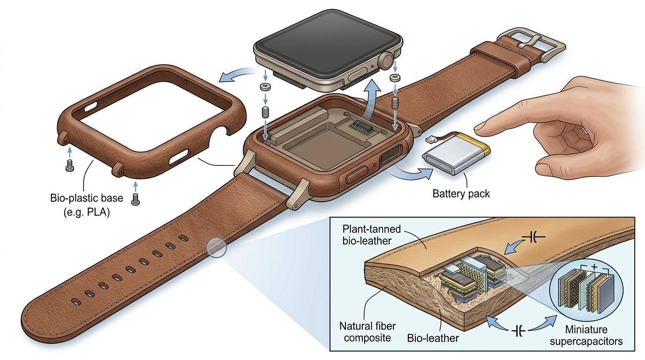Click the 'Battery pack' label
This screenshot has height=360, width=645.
click(x=461, y=193)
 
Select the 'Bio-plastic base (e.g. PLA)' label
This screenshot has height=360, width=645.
click(x=87, y=204)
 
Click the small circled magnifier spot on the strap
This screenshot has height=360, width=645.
click(x=216, y=247)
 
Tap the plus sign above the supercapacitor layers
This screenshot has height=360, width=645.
click(x=594, y=267)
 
